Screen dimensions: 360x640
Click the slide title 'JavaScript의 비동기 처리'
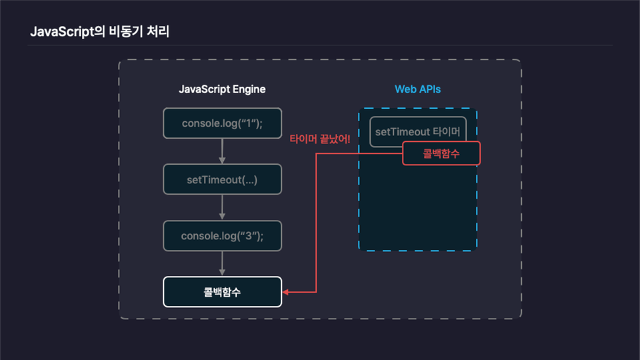(x=99, y=31)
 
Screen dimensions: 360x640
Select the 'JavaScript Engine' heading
(x=222, y=89)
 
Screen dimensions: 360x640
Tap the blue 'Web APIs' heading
(x=417, y=89)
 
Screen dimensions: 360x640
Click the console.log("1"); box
(x=222, y=123)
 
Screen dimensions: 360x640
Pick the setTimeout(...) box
(x=222, y=179)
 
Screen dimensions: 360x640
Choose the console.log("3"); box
(x=222, y=236)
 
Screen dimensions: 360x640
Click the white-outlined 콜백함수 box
(x=222, y=292)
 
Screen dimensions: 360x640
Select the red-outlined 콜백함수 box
(x=441, y=153)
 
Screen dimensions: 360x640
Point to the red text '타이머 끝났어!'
(x=319, y=140)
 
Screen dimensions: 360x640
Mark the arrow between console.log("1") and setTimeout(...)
(x=222, y=151)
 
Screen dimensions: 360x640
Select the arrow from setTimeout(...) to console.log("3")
(x=222, y=207)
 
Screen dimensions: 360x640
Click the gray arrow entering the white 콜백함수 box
(x=222, y=263)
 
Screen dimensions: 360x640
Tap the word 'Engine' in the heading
(x=249, y=89)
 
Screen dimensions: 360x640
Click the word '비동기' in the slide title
(x=126, y=31)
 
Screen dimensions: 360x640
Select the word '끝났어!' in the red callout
(x=334, y=140)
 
